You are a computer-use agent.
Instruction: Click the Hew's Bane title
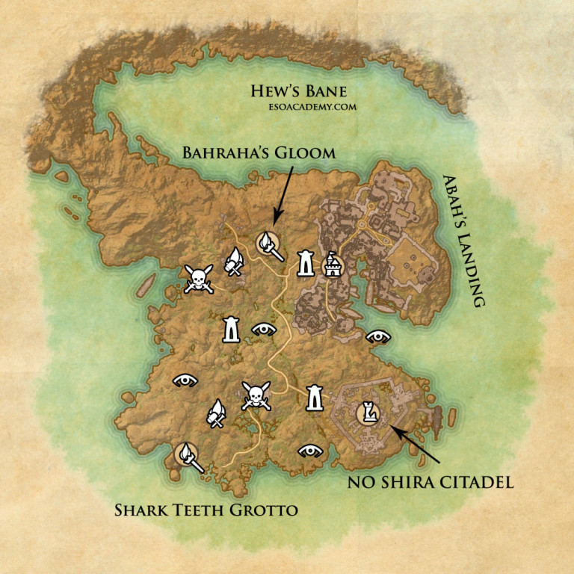[298, 92]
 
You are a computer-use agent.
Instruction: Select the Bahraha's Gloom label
[259, 153]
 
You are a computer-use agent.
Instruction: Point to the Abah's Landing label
[463, 241]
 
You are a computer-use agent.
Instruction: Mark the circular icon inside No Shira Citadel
[368, 412]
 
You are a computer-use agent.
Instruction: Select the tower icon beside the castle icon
[306, 262]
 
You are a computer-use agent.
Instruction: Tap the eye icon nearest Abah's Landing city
[377, 336]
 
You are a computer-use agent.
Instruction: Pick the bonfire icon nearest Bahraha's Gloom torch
[233, 261]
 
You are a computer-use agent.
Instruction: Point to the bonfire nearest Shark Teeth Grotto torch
[216, 413]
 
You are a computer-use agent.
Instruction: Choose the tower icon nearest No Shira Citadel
[314, 398]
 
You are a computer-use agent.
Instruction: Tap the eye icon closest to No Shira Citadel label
[310, 451]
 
